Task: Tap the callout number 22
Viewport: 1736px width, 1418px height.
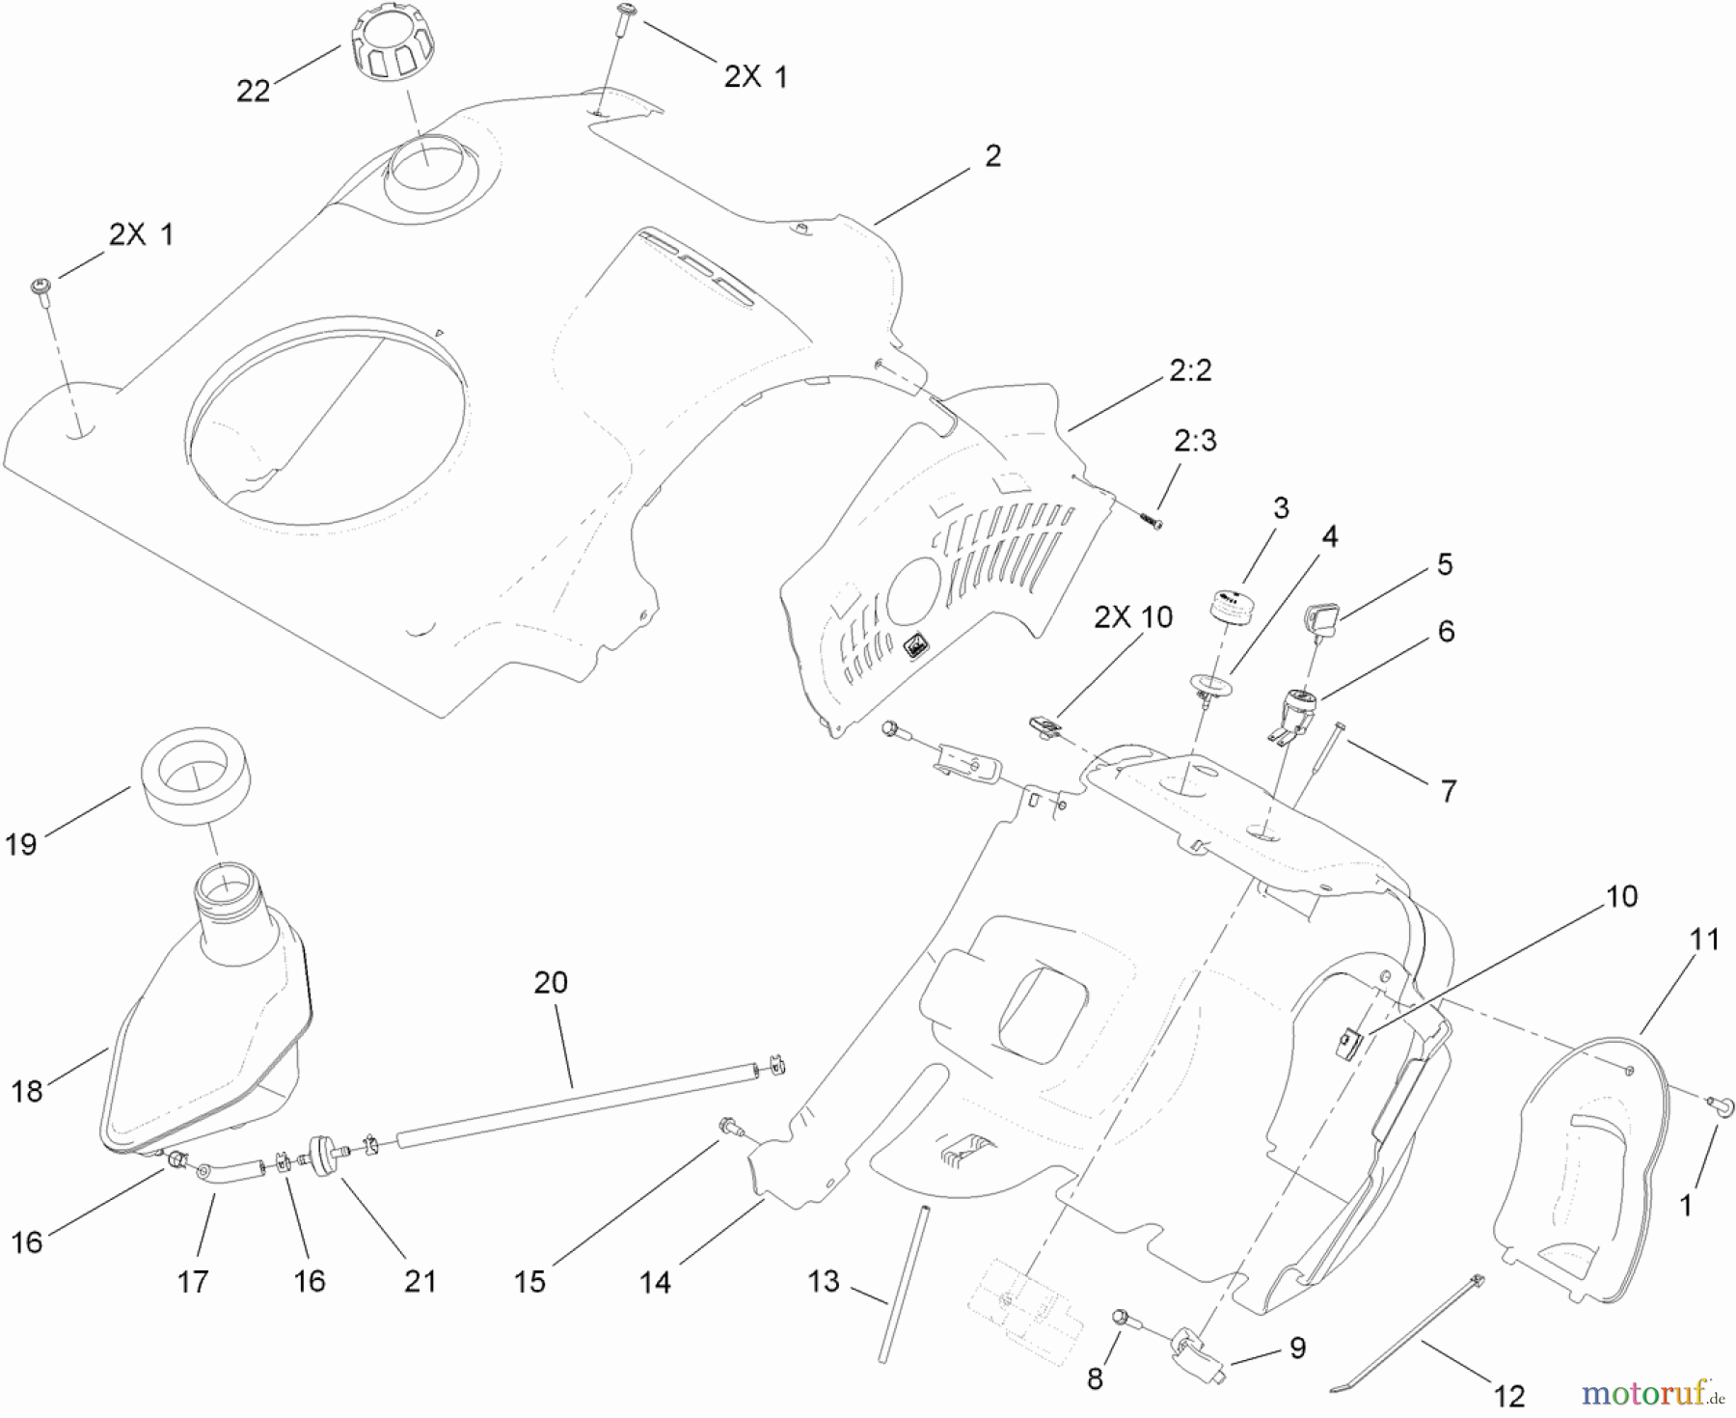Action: [x=253, y=91]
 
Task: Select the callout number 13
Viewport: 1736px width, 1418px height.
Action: [x=824, y=1282]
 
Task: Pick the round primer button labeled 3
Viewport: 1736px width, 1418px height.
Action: [x=1232, y=608]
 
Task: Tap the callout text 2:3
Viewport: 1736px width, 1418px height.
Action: [x=1195, y=441]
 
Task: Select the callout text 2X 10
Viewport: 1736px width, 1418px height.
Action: [x=1133, y=617]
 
